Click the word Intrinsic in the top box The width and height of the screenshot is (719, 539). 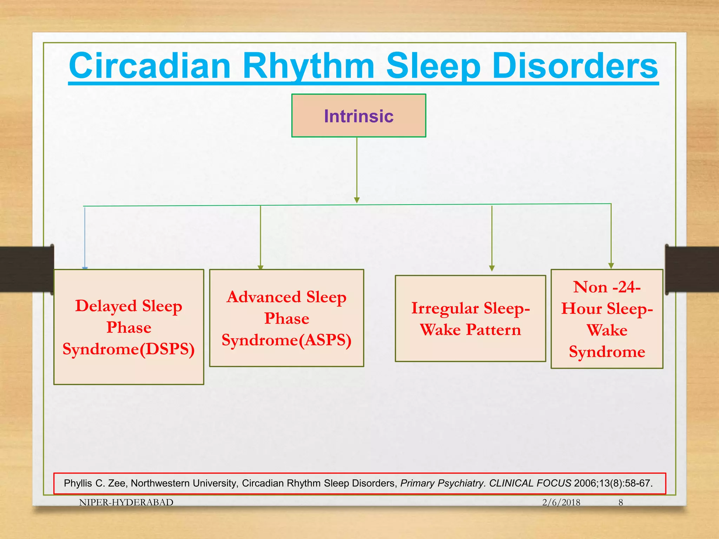tap(358, 116)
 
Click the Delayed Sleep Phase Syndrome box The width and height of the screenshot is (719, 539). tap(128, 327)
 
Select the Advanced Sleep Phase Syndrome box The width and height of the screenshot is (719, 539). tap(286, 318)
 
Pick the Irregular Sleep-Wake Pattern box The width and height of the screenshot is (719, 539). tap(470, 318)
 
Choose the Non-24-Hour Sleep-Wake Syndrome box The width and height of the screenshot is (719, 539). tap(607, 319)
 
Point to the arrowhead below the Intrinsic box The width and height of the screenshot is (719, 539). tap(357, 200)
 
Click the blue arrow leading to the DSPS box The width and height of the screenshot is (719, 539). tap(85, 239)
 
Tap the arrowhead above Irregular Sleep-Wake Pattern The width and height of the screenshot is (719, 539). tap(492, 268)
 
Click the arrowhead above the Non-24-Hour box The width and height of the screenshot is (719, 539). tap(611, 266)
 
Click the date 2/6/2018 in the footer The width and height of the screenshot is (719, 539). tap(561, 503)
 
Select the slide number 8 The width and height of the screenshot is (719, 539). tap(621, 503)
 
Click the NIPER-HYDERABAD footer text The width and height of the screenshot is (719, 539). tap(126, 503)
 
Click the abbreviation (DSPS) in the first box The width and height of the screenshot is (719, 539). tap(167, 349)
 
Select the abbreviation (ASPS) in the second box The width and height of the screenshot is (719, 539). tap(325, 340)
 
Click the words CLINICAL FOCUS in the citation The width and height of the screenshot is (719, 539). tap(530, 483)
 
